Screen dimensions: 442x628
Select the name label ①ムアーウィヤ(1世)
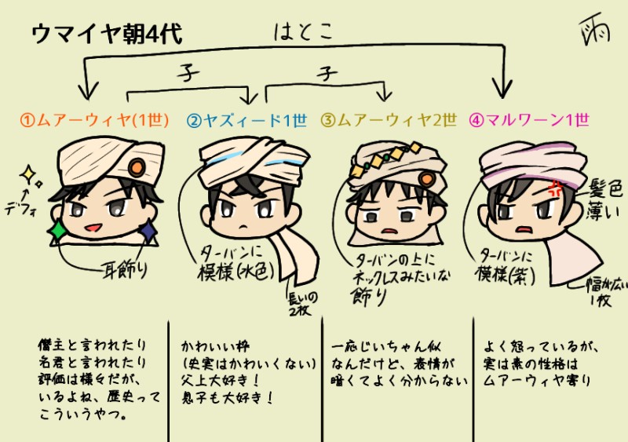[x=95, y=120]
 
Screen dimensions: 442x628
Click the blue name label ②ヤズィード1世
[x=246, y=120]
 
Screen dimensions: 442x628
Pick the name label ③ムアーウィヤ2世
[x=388, y=120]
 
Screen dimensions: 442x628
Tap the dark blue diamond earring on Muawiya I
[x=146, y=230]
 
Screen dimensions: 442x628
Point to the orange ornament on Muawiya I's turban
[x=136, y=167]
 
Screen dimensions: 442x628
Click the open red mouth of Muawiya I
[x=91, y=228]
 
